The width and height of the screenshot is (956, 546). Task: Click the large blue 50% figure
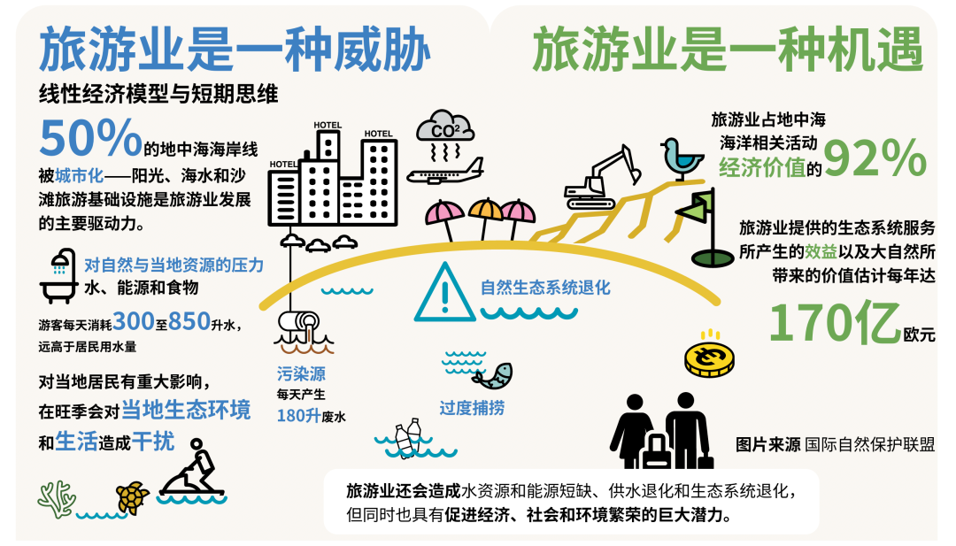pyautogui.click(x=91, y=137)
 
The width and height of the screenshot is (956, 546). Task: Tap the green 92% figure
pyautogui.click(x=875, y=158)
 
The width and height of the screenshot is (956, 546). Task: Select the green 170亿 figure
pyautogui.click(x=835, y=322)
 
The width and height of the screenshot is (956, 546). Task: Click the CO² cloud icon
pyautogui.click(x=445, y=127)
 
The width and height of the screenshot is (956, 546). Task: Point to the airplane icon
pyautogui.click(x=445, y=172)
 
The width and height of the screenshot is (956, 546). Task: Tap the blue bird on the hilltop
pyautogui.click(x=682, y=158)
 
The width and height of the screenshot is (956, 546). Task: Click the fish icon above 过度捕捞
pyautogui.click(x=492, y=375)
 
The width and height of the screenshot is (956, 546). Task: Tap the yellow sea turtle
pyautogui.click(x=133, y=497)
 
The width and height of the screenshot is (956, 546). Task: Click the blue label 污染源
pyautogui.click(x=301, y=373)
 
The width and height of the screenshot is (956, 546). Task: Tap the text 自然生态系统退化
pyautogui.click(x=545, y=288)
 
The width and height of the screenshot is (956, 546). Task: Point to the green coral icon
pyautogui.click(x=57, y=499)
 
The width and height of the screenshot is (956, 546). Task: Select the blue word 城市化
pyautogui.click(x=80, y=175)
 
